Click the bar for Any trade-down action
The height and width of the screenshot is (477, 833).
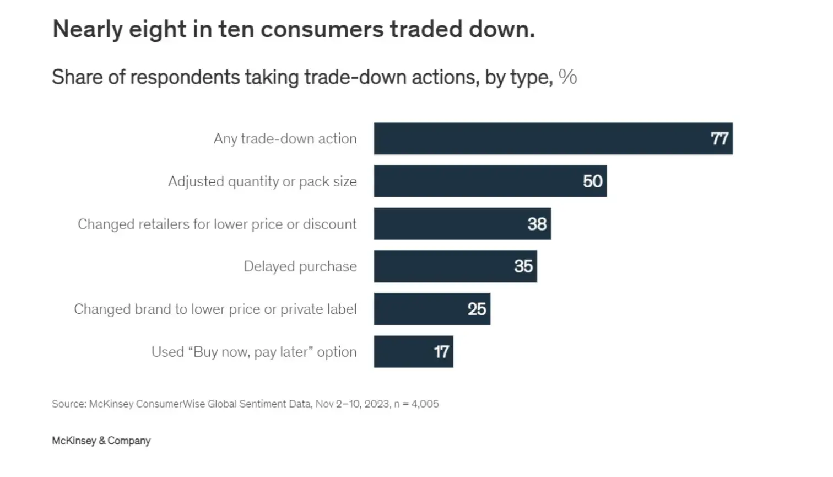coord(553,138)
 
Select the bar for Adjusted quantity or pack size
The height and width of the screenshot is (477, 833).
coord(490,181)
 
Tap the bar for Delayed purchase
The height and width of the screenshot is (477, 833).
coord(455,266)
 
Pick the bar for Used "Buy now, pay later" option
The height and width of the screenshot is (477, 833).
coord(413,351)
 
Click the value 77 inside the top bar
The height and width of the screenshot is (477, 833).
coord(720,138)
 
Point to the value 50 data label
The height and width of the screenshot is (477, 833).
coord(593,181)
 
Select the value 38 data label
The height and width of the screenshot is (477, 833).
coord(537,224)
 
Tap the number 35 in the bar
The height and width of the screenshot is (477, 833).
coord(523,266)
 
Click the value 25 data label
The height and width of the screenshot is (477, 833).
coord(477,309)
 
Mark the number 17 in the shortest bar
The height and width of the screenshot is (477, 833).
coord(441,351)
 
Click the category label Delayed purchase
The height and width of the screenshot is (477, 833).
coord(300,266)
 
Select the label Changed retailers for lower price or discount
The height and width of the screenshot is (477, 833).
coord(217,224)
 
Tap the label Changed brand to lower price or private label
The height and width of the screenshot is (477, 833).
coord(215,309)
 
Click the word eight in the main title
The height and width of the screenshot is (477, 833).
coord(157,29)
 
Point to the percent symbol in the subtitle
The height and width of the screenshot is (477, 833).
coord(567,77)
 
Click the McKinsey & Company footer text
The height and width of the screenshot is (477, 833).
coord(101,441)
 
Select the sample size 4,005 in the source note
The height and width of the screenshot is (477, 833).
coord(425,404)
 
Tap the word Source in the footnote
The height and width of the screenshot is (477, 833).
coord(68,404)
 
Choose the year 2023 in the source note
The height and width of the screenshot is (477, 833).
coord(377,404)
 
